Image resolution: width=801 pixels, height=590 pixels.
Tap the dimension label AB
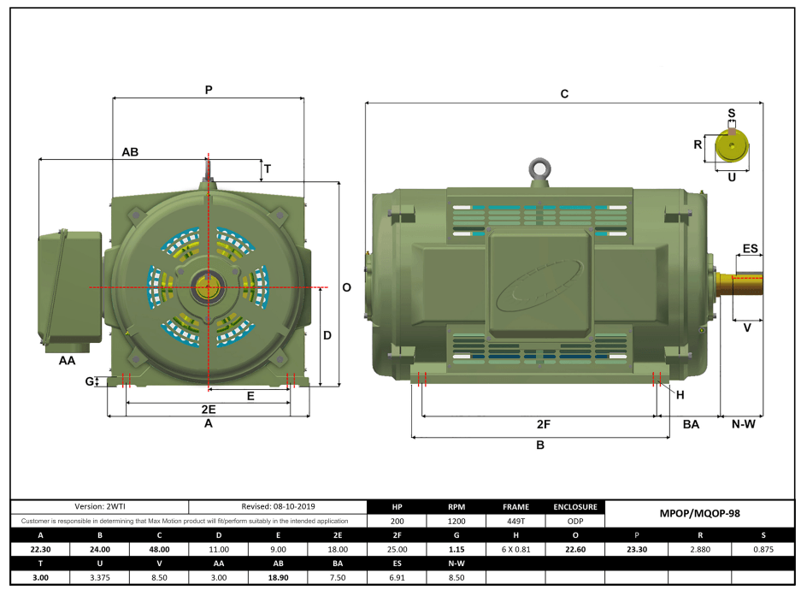[130, 152]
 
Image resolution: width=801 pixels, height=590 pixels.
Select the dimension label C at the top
[564, 94]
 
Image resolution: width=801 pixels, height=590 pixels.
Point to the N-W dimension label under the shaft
[741, 423]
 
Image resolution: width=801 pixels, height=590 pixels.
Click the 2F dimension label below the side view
[542, 423]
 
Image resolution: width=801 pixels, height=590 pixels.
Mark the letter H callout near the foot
[680, 394]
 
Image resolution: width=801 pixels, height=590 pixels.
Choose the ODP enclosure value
[575, 520]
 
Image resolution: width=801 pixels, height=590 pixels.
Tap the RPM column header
[456, 506]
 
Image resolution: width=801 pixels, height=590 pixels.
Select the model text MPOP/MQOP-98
[700, 514]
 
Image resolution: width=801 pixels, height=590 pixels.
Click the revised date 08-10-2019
[278, 506]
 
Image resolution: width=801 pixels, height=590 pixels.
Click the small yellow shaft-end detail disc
[731, 147]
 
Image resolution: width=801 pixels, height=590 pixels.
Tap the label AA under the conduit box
[67, 361]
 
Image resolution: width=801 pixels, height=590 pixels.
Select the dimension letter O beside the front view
[346, 288]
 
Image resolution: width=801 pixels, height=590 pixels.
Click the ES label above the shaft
[750, 249]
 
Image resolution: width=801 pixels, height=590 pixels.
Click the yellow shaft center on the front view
[208, 288]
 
